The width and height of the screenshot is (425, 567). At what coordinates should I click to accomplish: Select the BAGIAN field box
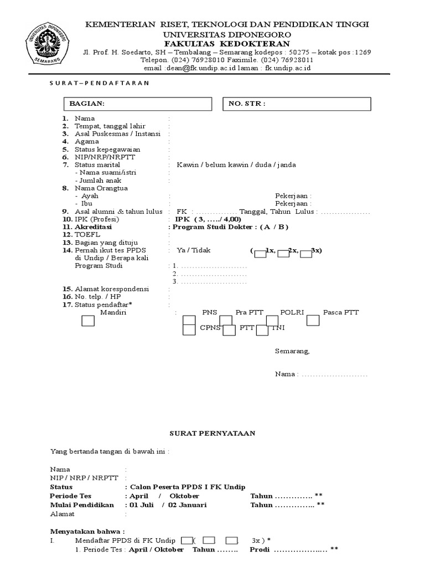(137, 104)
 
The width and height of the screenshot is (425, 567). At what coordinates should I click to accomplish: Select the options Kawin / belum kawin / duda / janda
(236, 165)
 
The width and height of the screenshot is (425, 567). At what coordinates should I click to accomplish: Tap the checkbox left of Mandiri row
(88, 321)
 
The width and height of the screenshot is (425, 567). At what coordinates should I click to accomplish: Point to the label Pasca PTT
(341, 313)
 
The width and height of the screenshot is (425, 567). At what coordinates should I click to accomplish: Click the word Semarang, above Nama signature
(292, 351)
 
